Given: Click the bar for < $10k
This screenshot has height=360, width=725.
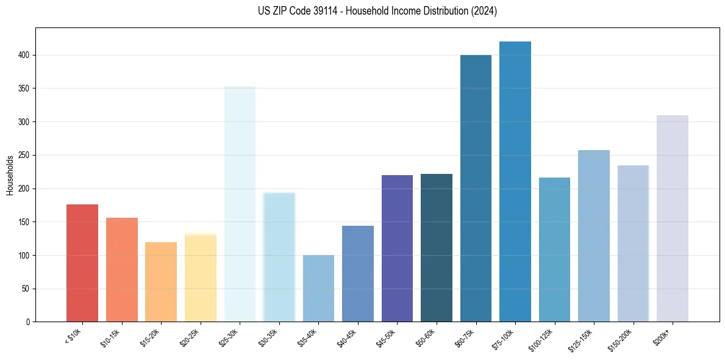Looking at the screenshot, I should click(x=82, y=263).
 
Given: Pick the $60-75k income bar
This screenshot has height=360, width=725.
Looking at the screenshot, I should click(x=476, y=189).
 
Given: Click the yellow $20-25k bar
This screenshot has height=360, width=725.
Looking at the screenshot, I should click(x=201, y=278).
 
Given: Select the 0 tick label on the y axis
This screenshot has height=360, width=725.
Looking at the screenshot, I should click(x=28, y=322).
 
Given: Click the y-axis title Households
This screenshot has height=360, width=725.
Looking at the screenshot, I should click(x=10, y=175).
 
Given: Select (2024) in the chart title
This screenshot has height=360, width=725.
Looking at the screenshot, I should click(x=484, y=11).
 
